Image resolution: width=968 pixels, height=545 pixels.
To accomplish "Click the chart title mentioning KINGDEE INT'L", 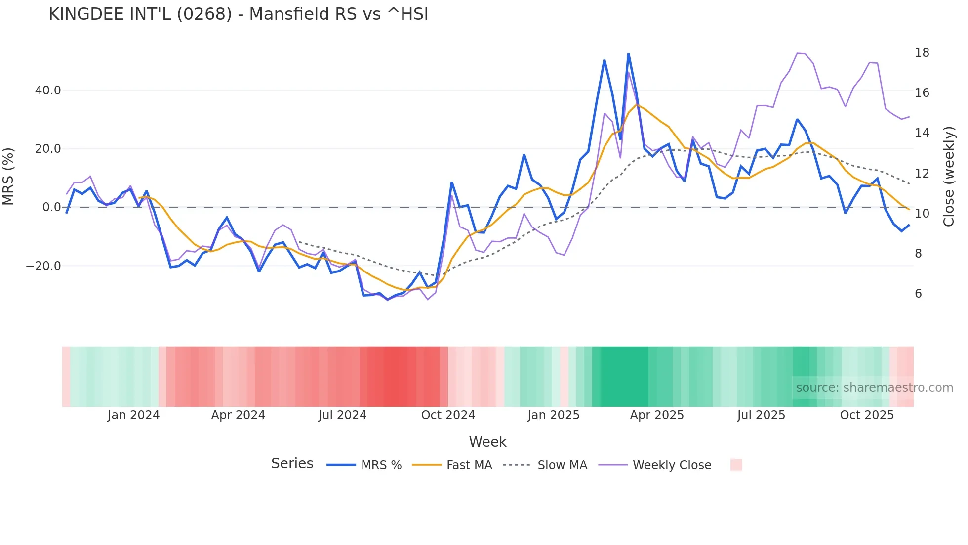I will pos(238,14).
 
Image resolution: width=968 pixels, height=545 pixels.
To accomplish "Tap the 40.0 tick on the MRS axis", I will pos(48,91).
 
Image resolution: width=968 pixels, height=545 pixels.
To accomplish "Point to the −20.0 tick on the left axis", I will pos(43,266).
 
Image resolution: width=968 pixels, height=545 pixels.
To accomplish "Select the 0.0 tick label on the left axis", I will pos(51,207).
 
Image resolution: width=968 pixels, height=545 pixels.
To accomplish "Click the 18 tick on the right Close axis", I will pos(922,53).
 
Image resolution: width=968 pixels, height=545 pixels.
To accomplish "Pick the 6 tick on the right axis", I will pos(918,294).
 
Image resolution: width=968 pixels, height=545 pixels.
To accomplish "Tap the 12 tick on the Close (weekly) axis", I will pos(922,174).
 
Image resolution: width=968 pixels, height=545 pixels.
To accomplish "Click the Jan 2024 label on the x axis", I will pos(133,415).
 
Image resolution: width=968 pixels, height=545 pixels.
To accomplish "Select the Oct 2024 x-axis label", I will pos(448,415).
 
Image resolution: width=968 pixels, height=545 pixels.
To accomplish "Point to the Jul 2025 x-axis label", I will pos(761,415).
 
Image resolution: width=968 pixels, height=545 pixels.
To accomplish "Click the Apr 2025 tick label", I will pos(657,415).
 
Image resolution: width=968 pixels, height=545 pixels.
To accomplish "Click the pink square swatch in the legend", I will pos(736,465).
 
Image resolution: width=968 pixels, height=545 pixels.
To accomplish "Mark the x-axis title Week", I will pos(487,442).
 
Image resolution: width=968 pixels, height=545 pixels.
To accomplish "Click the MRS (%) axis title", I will pos(8,177).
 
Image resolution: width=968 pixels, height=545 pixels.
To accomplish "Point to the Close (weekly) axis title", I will pos(949,177).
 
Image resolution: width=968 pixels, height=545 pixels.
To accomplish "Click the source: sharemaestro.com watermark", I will pos(874,388).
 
